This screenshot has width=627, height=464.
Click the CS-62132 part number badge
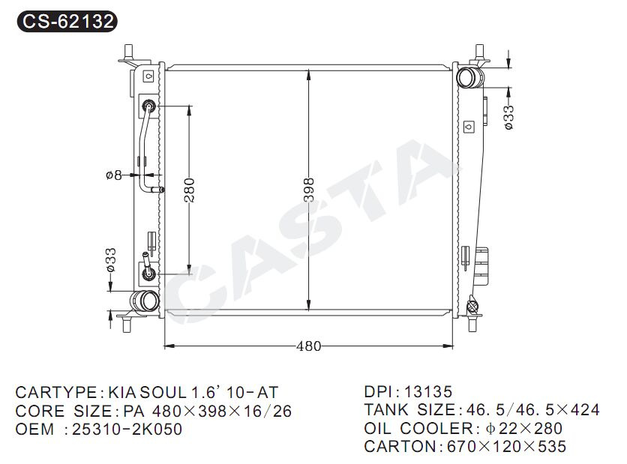pyautogui.click(x=67, y=21)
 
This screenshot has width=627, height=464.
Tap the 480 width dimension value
pyautogui.click(x=308, y=346)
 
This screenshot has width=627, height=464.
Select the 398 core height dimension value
pyautogui.click(x=309, y=190)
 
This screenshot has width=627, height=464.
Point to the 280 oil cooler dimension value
pyautogui.click(x=189, y=190)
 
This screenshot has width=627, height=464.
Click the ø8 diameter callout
pyautogui.click(x=113, y=175)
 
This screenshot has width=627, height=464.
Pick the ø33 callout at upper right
pyautogui.click(x=508, y=117)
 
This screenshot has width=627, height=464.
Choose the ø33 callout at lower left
pyautogui.click(x=111, y=260)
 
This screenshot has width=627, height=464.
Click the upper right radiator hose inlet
pyautogui.click(x=469, y=77)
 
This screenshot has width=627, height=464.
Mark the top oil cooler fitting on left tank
pyautogui.click(x=148, y=106)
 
